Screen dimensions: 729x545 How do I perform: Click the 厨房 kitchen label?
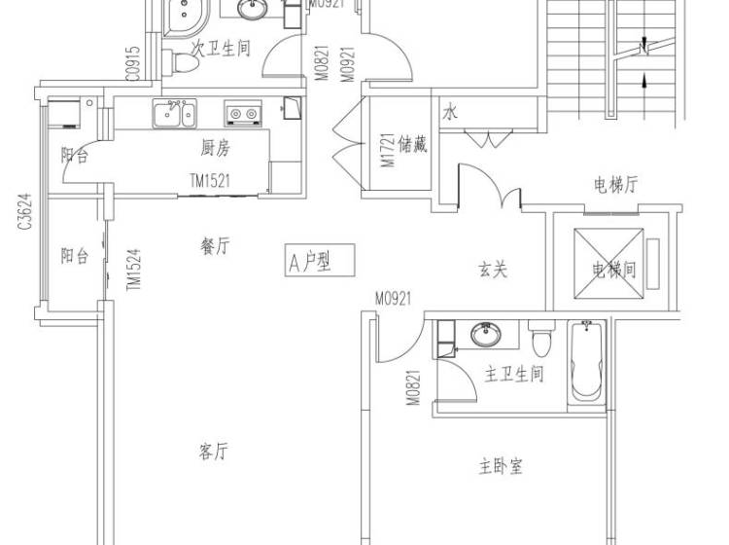point(215,149)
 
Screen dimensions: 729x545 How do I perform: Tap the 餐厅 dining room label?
point(215,246)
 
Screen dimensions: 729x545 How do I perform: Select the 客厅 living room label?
point(214,451)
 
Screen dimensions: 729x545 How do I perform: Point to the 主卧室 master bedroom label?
point(501,466)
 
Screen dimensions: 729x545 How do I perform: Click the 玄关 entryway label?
point(493,270)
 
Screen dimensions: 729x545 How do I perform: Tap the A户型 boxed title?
point(320,260)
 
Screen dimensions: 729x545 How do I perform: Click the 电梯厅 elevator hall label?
point(615,185)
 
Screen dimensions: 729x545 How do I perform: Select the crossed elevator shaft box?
point(608,263)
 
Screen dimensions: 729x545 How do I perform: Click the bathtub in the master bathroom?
point(586,363)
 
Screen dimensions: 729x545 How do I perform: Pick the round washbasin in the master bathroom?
point(486,334)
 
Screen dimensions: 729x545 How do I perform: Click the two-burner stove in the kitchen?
point(243,113)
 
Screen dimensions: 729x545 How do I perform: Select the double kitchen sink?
point(174,113)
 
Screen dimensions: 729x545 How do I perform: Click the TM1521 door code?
point(210,180)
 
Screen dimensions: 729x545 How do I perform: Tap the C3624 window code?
point(24,211)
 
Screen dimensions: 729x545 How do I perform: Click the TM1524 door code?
point(134,270)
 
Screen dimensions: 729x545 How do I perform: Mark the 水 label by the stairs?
point(450,112)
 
